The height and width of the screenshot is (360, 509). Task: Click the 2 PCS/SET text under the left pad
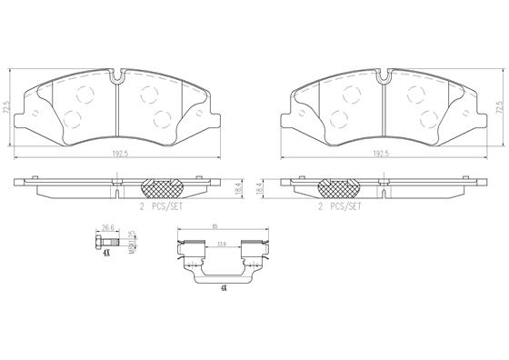(162, 206)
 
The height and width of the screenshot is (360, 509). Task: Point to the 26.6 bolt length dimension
(106, 227)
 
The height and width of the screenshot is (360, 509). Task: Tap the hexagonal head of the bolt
(95, 242)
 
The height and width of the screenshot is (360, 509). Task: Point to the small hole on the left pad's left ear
(35, 115)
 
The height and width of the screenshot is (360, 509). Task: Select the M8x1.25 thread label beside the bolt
(131, 243)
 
